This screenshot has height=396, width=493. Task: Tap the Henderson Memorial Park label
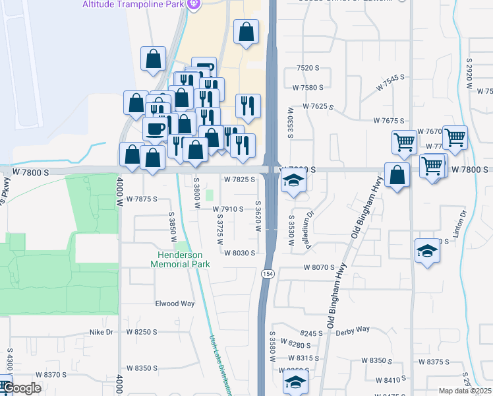coord(180,259)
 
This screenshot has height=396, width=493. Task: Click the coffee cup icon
coord(156,128)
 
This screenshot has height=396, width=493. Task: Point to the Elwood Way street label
coord(175,304)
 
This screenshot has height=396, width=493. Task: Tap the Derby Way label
coord(353,329)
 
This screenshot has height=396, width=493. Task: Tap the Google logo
coord(21,388)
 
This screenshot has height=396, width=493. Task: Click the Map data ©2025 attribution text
coord(464,391)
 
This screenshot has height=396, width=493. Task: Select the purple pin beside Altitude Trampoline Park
coord(193,5)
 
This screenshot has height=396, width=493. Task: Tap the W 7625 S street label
coord(319,106)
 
